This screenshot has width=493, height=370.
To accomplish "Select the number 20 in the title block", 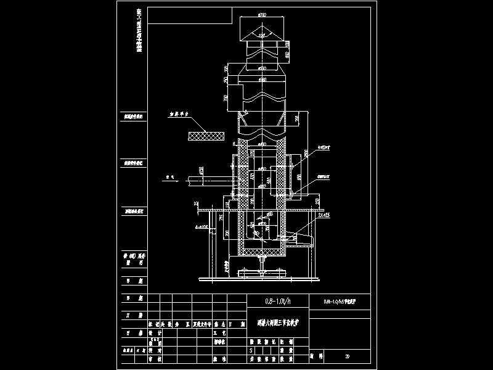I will [348, 356].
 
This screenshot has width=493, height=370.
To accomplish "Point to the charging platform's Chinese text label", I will [183, 114].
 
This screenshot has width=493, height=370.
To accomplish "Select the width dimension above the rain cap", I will [262, 14].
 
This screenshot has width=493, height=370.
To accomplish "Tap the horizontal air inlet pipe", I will [210, 180].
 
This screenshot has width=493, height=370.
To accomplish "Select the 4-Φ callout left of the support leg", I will [199, 227].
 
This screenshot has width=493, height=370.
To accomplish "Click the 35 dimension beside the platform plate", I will [195, 203].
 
